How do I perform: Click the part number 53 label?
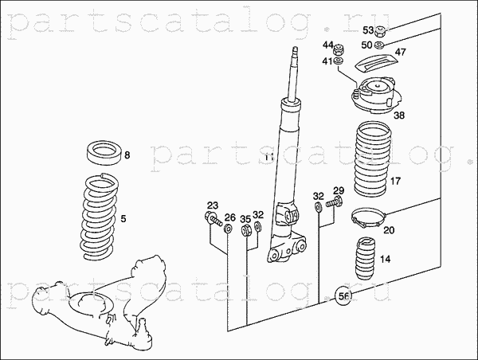pos(367,30)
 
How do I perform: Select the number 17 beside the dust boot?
pos(395,182)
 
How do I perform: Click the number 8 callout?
pos(127,155)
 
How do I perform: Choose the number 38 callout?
pos(398,115)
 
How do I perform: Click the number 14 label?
pos(385,259)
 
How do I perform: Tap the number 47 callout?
pos(400,53)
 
